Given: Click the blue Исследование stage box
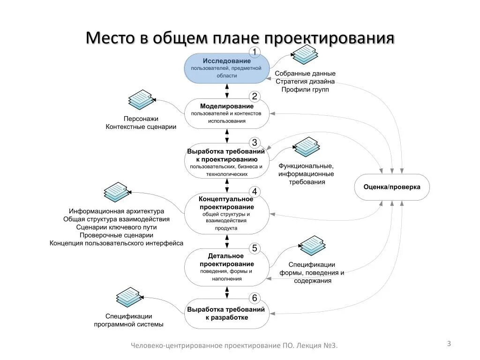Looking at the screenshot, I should pyautogui.click(x=227, y=68).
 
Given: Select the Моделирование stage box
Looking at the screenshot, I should pyautogui.click(x=227, y=113).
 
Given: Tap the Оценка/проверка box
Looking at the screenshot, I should pyautogui.click(x=392, y=187).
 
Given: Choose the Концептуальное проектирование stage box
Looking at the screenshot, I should pyautogui.click(x=227, y=214).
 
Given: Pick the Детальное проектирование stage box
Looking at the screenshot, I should pyautogui.click(x=227, y=267).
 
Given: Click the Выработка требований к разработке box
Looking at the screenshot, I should pyautogui.click(x=227, y=314).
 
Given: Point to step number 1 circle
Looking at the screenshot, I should pyautogui.click(x=254, y=52).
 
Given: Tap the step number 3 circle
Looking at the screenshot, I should pyautogui.click(x=254, y=142).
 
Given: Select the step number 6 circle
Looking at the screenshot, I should pyautogui.click(x=254, y=298).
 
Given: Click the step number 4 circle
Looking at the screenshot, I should pyautogui.click(x=254, y=192).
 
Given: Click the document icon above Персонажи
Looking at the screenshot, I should pyautogui.click(x=141, y=99).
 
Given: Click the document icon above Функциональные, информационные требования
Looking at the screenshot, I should pyautogui.click(x=307, y=147).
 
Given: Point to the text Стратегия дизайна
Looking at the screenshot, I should pyautogui.click(x=305, y=82).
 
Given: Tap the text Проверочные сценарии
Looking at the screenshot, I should pyautogui.click(x=116, y=235).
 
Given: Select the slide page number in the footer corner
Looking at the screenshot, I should pyautogui.click(x=449, y=344).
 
